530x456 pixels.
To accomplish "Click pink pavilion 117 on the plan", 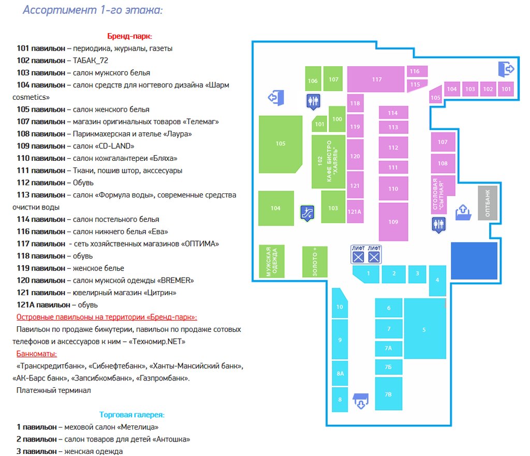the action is click(x=377, y=79).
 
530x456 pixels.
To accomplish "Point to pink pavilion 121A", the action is click(x=355, y=211).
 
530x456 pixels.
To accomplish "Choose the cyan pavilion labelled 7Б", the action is click(x=388, y=367).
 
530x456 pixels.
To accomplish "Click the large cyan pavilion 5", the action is click(x=424, y=329).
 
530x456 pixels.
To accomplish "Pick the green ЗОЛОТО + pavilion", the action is click(x=315, y=262).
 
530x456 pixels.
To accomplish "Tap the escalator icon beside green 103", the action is click(x=307, y=212).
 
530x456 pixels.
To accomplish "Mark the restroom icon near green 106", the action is click(x=313, y=101).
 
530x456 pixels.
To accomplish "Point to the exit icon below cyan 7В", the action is click(x=361, y=401).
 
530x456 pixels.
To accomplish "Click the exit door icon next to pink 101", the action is click(x=507, y=69).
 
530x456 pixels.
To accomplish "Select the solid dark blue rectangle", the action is click(x=474, y=261).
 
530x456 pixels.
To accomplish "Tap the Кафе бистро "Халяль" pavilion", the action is click(x=328, y=162).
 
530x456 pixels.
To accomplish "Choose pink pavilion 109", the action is click(x=393, y=222).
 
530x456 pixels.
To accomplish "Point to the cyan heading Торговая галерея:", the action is click(x=132, y=415).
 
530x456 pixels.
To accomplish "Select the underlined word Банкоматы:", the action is click(x=37, y=354).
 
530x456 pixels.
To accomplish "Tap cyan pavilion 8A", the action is click(x=340, y=373).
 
